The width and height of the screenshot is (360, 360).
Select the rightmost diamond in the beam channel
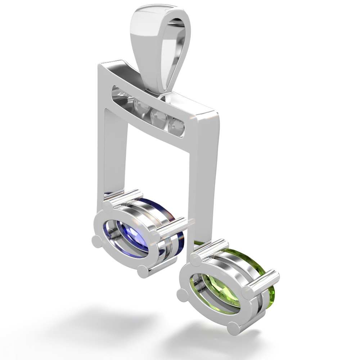pos(177,126)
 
